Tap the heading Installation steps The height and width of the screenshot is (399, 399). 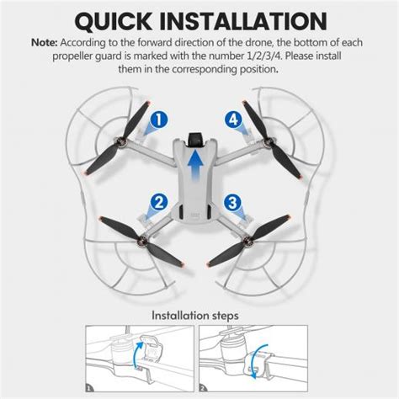tap(199, 317)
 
